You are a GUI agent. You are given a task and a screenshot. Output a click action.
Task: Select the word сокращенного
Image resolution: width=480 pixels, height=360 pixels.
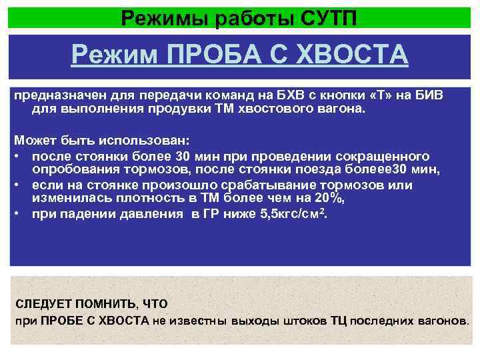386,155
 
